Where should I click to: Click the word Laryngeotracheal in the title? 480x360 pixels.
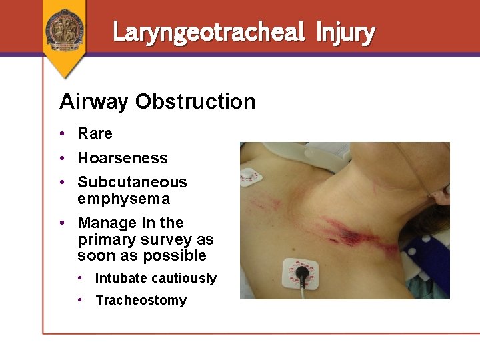click(x=208, y=31)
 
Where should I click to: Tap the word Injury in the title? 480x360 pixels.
click(x=345, y=31)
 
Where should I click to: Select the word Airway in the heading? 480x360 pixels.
click(x=94, y=102)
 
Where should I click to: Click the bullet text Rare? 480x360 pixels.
click(x=95, y=133)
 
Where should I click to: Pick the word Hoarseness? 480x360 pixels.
click(x=122, y=158)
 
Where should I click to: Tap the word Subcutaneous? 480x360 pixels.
click(x=132, y=182)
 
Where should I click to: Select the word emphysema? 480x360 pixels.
click(x=123, y=199)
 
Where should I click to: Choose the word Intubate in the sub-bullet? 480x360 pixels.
click(x=121, y=278)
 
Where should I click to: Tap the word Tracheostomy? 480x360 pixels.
click(x=141, y=300)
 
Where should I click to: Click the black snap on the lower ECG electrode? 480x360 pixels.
click(x=302, y=272)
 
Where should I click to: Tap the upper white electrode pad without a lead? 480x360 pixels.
click(x=251, y=177)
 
